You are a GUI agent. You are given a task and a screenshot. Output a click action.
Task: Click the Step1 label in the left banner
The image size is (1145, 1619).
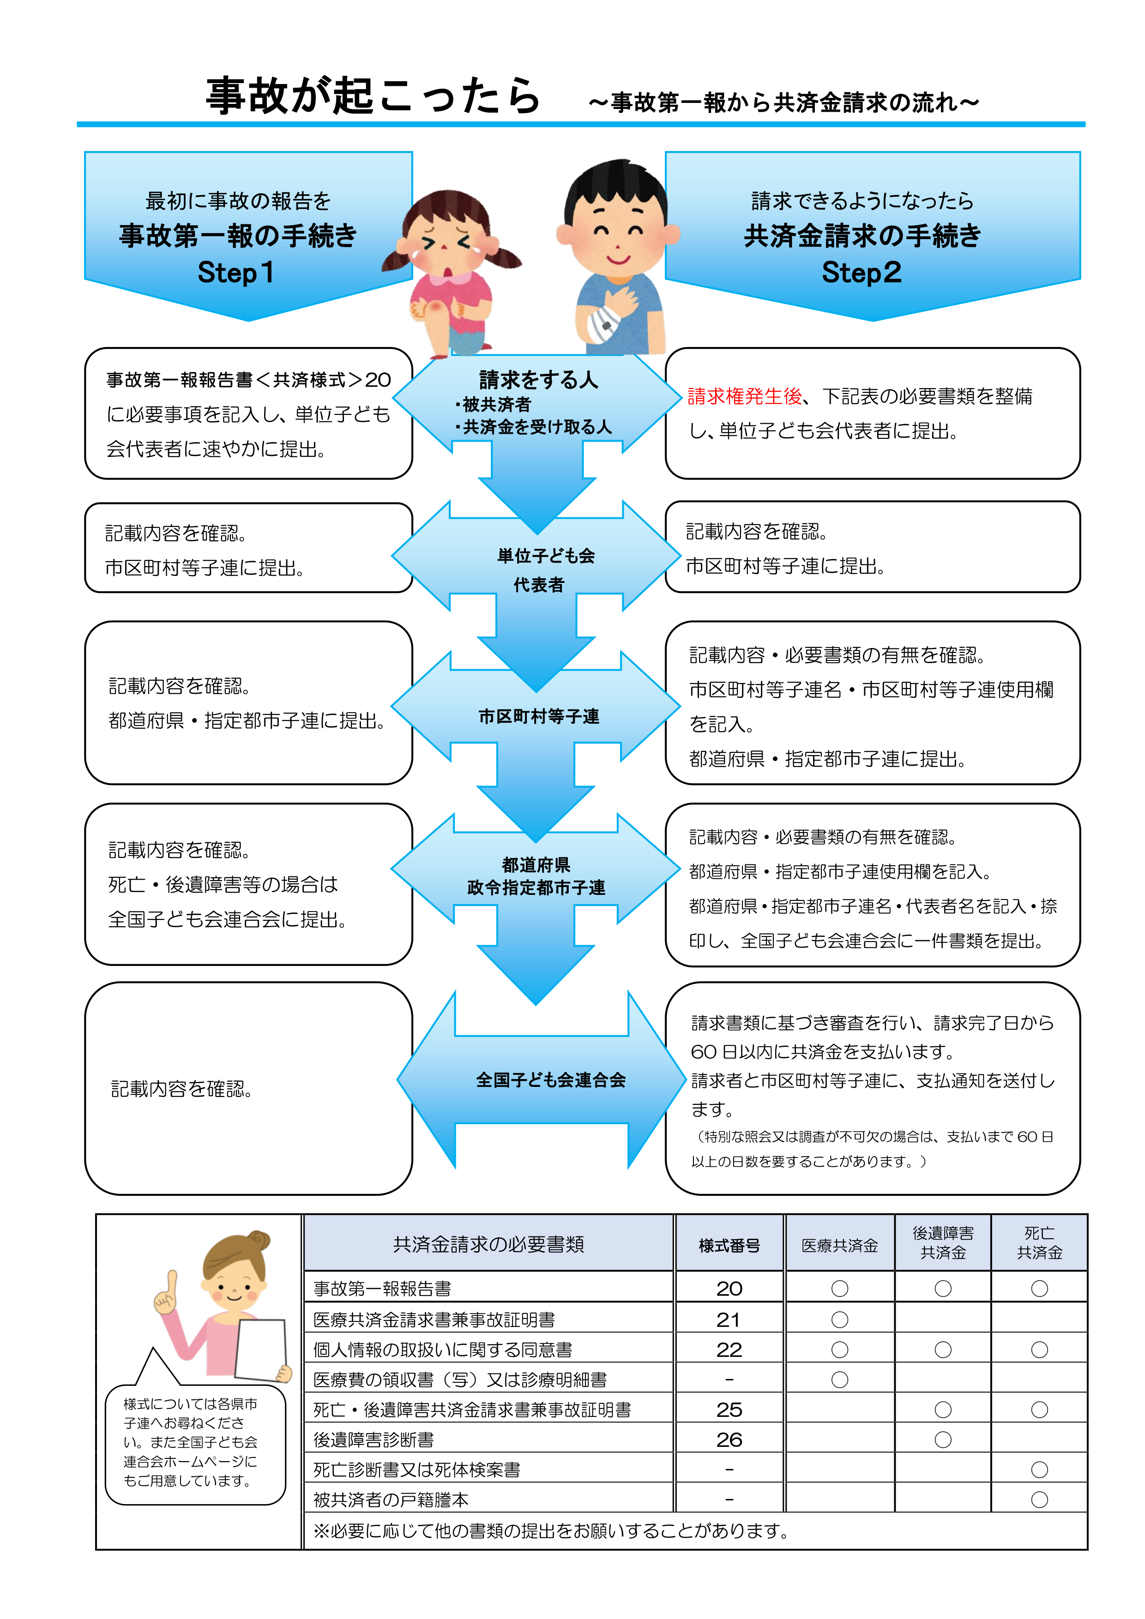tap(235, 272)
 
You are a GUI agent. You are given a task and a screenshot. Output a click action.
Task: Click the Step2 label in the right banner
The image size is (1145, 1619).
tap(862, 272)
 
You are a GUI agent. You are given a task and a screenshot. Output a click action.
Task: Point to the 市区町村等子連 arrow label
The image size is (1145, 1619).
tap(539, 716)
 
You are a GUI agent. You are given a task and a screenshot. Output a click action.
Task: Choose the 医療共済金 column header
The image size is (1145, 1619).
tap(839, 1245)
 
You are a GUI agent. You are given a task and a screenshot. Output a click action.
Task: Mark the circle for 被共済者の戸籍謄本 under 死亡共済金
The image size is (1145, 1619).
tap(1039, 1500)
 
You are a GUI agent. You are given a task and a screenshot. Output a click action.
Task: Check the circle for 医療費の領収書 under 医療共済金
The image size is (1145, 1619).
tap(839, 1380)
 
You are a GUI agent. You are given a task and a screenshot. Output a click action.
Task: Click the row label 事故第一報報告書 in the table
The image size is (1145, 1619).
tap(382, 1289)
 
